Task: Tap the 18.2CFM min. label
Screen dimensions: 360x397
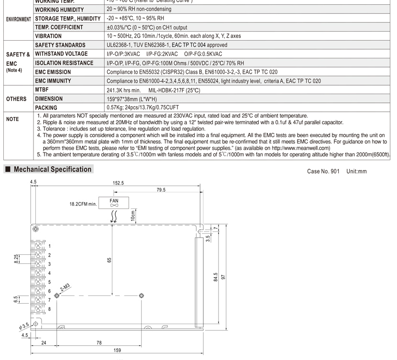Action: point(83,203)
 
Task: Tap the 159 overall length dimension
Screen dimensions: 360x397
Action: point(117,350)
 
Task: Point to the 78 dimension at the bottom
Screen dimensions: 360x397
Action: point(99,342)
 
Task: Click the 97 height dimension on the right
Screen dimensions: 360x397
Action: point(223,277)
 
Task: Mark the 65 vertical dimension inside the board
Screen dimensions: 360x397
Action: point(109,260)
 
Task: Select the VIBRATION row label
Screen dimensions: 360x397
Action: point(48,36)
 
